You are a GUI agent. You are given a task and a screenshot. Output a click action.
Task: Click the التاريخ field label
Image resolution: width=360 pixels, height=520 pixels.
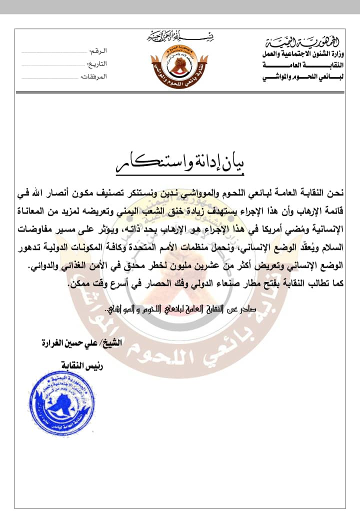[97, 64]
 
